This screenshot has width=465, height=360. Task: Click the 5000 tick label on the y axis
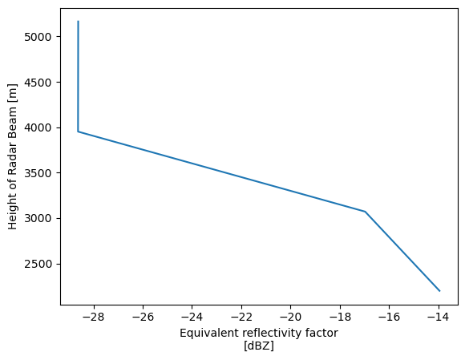click(39, 37)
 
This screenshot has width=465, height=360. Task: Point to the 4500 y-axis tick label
click(39, 83)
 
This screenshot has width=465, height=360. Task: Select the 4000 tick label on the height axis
click(39, 127)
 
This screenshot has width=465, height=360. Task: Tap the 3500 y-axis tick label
click(39, 173)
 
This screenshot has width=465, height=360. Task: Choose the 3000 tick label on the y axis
click(39, 218)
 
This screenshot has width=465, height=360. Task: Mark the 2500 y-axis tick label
click(39, 264)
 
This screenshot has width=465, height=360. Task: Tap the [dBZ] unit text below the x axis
click(259, 346)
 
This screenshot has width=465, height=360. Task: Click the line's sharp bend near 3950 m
click(78, 131)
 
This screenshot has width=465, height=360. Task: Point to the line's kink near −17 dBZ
click(365, 212)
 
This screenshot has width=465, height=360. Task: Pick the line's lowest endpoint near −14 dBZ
click(439, 290)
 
